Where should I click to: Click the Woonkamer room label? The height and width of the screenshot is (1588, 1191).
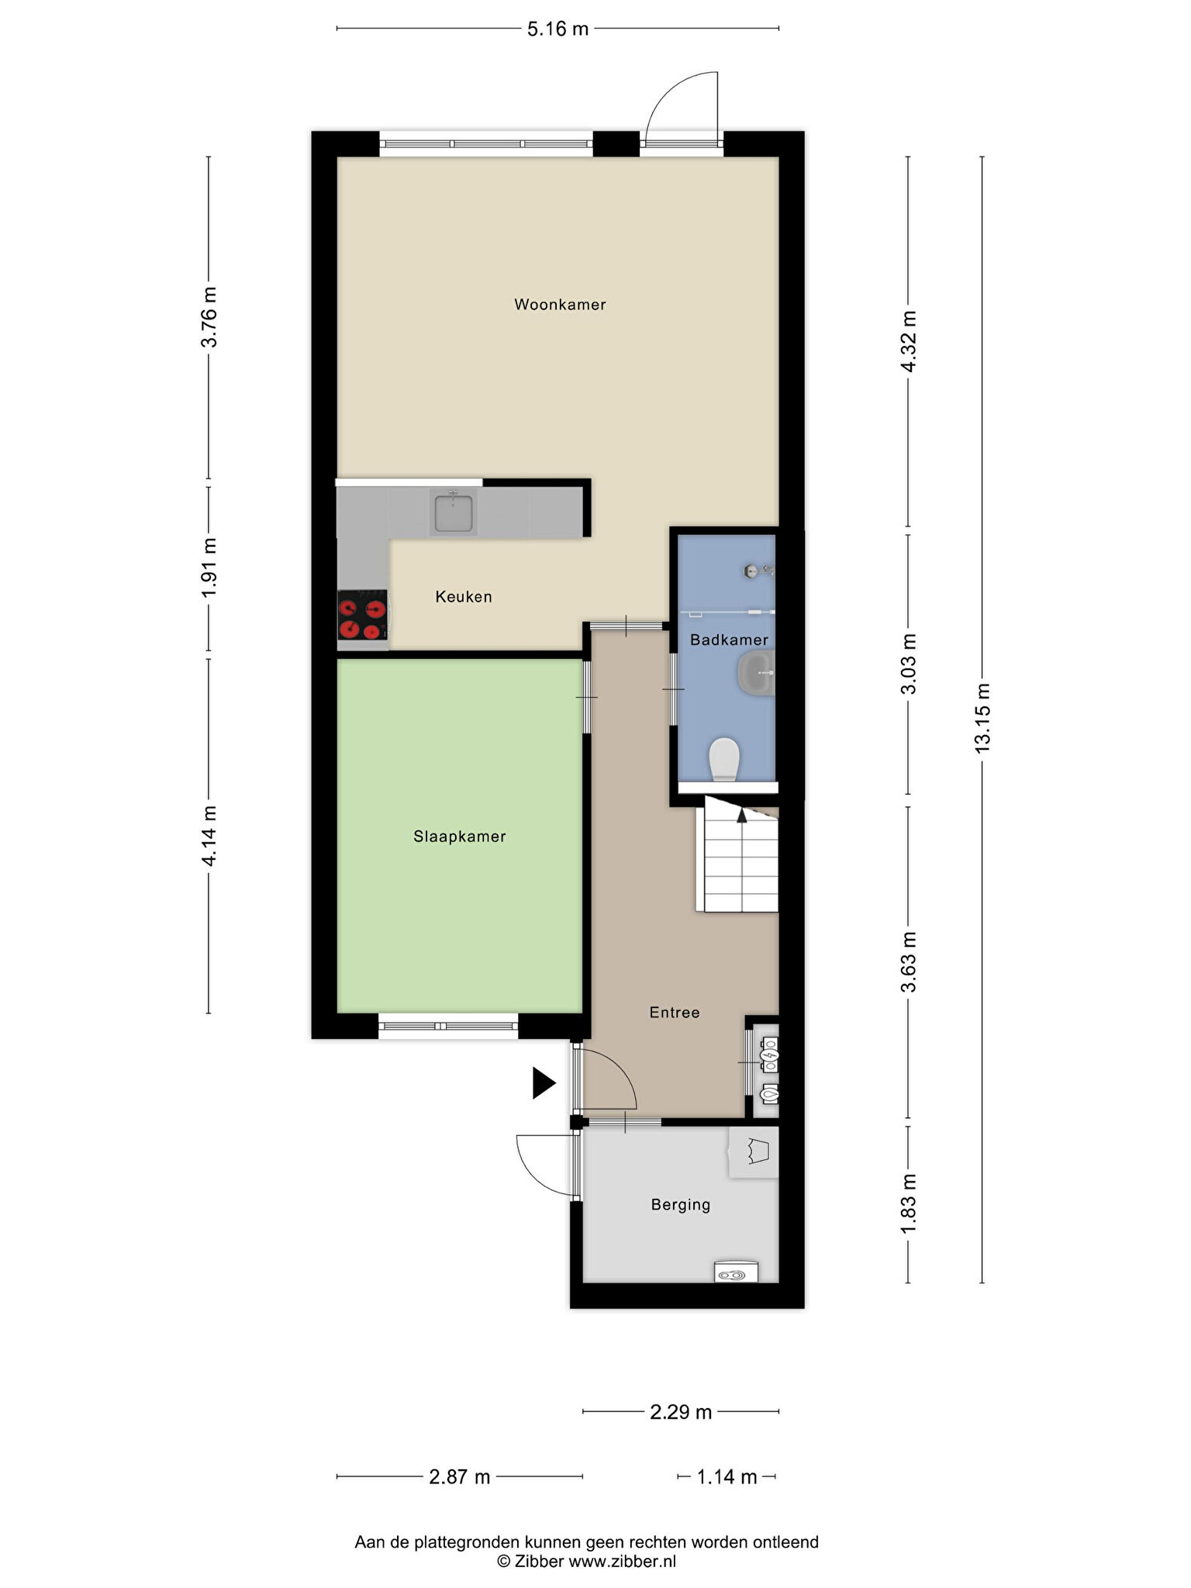pyautogui.click(x=560, y=305)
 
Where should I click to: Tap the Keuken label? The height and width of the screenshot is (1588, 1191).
pyautogui.click(x=464, y=597)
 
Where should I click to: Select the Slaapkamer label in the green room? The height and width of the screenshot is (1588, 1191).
pyautogui.click(x=460, y=837)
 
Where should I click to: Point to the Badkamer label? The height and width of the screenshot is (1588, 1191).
pyautogui.click(x=729, y=640)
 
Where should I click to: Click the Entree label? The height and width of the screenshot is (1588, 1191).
pyautogui.click(x=675, y=1013)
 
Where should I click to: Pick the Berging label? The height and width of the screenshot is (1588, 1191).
pyautogui.click(x=681, y=1205)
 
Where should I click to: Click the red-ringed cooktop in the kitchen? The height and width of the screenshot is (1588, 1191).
pyautogui.click(x=362, y=615)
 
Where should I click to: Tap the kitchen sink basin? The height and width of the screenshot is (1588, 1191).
pyautogui.click(x=454, y=513)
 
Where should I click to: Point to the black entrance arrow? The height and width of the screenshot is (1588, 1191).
pyautogui.click(x=544, y=1083)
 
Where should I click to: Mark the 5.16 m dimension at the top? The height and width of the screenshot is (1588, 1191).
pyautogui.click(x=558, y=29)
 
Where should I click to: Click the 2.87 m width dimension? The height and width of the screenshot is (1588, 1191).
pyautogui.click(x=460, y=1476)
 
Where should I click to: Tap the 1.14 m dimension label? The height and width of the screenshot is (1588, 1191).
pyautogui.click(x=727, y=1476)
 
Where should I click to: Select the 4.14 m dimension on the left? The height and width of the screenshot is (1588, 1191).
pyautogui.click(x=209, y=836)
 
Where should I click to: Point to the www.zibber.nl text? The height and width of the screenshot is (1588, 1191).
pyautogui.click(x=623, y=1561)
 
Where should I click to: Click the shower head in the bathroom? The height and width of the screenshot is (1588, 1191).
pyautogui.click(x=751, y=571)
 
